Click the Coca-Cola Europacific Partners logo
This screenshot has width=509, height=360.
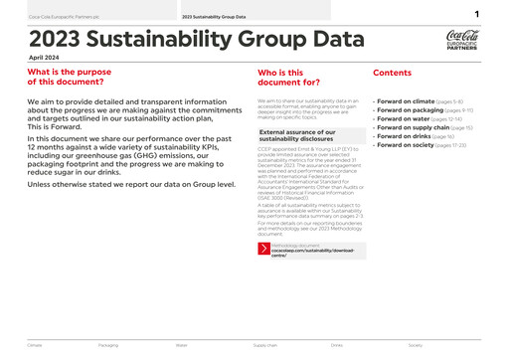[462, 41]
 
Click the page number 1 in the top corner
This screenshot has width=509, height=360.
[477, 15]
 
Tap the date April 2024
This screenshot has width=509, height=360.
[44, 59]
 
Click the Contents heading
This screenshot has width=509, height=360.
[392, 73]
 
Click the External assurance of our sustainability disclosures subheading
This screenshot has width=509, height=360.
[296, 135]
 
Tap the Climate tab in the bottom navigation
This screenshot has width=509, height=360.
[35, 345]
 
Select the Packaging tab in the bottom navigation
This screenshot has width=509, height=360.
[108, 345]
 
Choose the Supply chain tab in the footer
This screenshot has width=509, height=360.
[264, 345]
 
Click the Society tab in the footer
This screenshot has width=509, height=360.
[416, 345]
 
